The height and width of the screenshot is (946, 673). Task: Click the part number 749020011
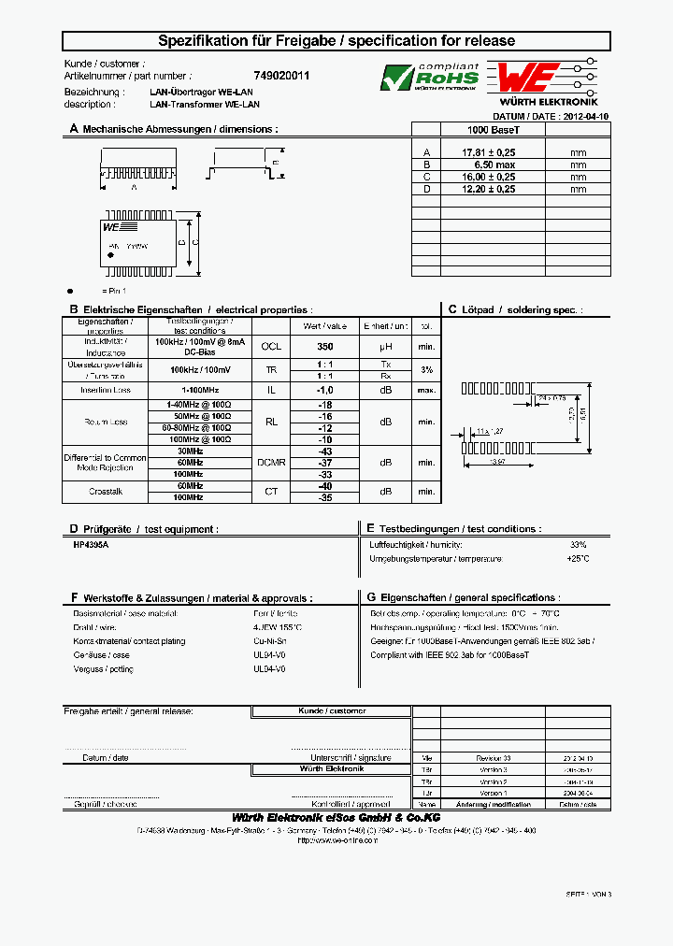tap(281, 76)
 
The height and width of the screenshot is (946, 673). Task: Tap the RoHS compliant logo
tap(430, 78)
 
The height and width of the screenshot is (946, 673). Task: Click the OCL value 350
tap(324, 346)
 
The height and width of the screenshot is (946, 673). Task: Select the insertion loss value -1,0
tap(324, 390)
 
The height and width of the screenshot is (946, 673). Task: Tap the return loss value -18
tap(324, 405)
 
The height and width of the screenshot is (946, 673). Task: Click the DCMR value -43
tap(324, 451)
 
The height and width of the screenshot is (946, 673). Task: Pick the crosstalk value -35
tap(324, 498)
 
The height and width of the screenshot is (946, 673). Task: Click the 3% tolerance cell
tap(426, 370)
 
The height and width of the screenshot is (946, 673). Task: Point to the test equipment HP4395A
tap(91, 544)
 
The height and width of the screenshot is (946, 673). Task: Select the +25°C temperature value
tap(578, 559)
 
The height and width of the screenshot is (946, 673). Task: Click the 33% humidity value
tap(578, 544)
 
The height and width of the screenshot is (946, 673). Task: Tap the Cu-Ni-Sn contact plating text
tap(269, 641)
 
